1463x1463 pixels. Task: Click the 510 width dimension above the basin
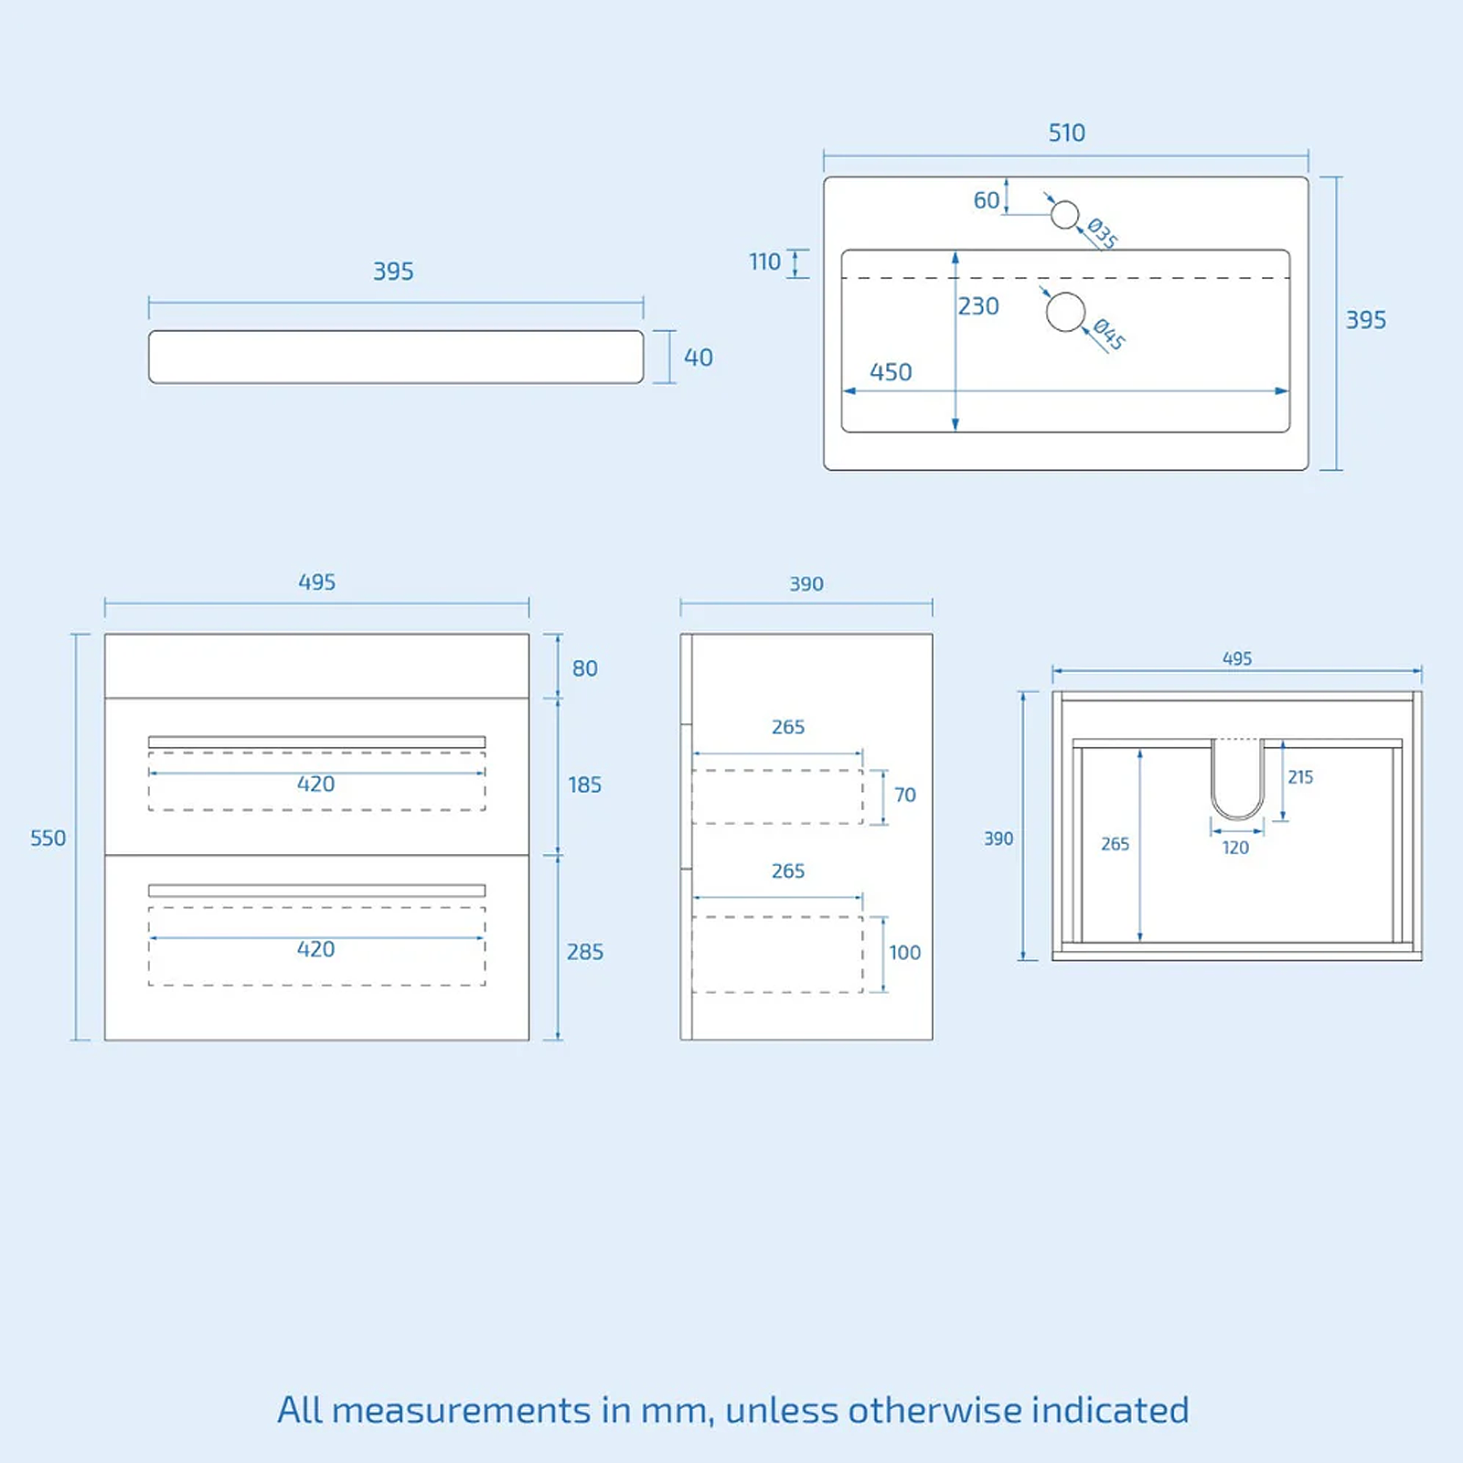pos(1066,133)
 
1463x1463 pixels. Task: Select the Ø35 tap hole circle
pos(1064,215)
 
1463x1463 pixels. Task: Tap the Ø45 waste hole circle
pos(1065,312)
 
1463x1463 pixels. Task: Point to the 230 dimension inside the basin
pos(978,306)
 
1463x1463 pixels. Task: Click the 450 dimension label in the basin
pos(891,372)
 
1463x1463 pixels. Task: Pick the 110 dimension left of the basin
pos(765,262)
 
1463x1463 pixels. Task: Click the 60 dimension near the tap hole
pos(986,200)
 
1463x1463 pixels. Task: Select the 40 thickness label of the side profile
pos(698,358)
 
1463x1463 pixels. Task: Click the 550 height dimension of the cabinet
pos(48,838)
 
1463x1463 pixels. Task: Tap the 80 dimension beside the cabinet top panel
pos(585,668)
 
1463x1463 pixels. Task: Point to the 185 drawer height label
pos(585,785)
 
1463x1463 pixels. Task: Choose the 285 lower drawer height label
pos(585,952)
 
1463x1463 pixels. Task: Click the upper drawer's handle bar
pos(316,742)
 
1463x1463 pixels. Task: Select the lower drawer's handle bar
pos(316,891)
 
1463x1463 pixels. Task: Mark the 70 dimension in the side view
pos(905,796)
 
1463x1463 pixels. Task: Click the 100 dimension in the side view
pos(905,953)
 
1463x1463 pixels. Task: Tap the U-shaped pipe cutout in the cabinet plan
pos(1238,817)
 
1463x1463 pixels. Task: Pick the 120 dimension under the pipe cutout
pos(1235,848)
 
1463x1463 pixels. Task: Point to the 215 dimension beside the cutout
pos(1300,777)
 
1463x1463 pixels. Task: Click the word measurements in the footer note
pos(461,1411)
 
